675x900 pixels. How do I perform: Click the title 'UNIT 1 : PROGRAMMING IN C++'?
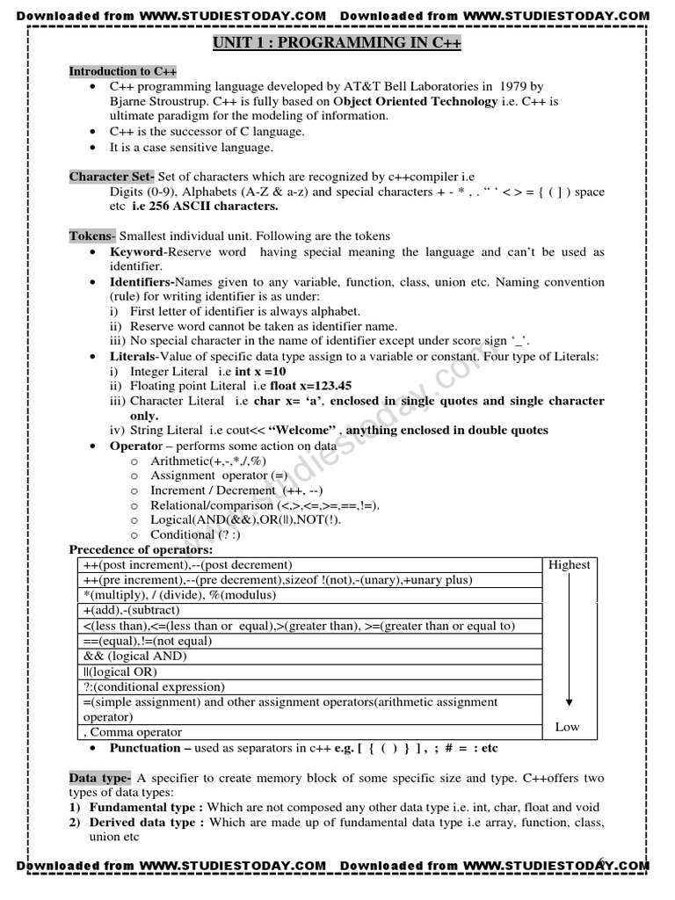point(337,43)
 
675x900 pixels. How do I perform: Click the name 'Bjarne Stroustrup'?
point(159,101)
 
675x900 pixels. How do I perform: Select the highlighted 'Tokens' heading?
point(91,236)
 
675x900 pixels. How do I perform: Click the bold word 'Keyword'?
point(136,252)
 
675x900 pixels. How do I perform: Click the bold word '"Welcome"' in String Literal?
point(302,431)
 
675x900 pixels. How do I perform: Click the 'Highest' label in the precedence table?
point(569,565)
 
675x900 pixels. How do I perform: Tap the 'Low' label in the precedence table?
point(568,727)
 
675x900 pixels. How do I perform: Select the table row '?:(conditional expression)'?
point(154,686)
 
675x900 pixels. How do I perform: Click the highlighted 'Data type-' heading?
point(101,778)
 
